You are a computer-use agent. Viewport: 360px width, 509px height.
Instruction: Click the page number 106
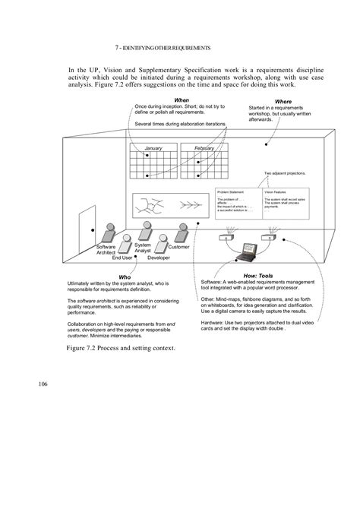(x=43, y=384)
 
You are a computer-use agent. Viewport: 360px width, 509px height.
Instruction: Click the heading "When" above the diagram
(x=182, y=100)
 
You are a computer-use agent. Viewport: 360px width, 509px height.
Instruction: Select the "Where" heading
(x=283, y=101)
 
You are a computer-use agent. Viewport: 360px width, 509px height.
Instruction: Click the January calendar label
(x=153, y=148)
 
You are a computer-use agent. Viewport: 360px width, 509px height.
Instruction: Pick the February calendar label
(x=204, y=148)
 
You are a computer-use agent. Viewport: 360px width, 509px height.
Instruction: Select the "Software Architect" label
(x=106, y=251)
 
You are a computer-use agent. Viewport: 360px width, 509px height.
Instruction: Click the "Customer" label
(x=178, y=247)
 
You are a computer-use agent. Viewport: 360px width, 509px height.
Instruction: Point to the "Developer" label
(x=159, y=258)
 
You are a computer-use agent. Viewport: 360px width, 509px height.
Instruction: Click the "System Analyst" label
(x=143, y=248)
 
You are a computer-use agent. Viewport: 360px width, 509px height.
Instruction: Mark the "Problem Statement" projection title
(x=230, y=192)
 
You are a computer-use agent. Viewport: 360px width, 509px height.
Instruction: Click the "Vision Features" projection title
(x=276, y=192)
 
